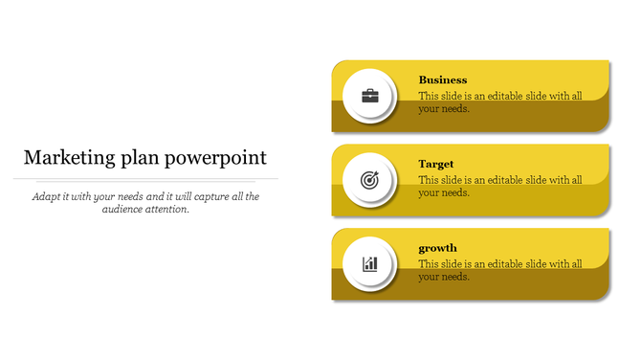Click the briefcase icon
[x=369, y=96]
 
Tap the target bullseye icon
[x=369, y=180]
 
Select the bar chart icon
[x=369, y=263]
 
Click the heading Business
[x=443, y=80]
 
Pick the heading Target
[x=436, y=165]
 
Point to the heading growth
[x=438, y=249]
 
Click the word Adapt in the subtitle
[x=47, y=196]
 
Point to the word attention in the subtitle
[x=166, y=209]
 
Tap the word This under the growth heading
[x=429, y=264]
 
